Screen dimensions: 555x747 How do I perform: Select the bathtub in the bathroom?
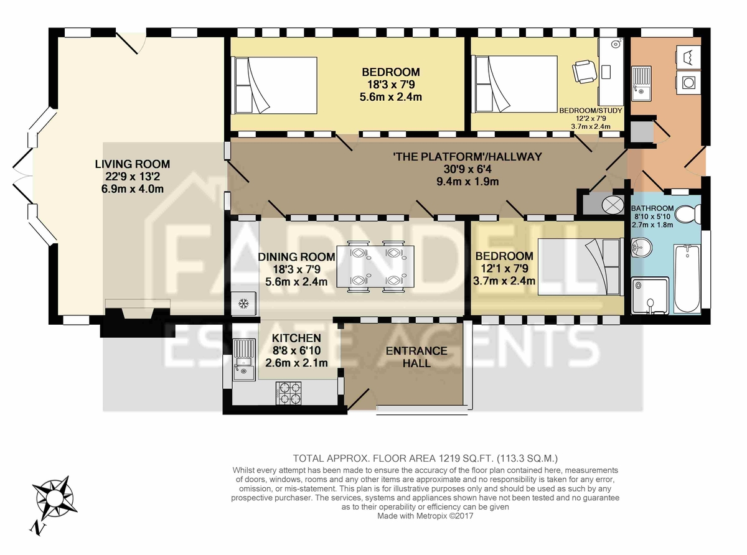click(687, 279)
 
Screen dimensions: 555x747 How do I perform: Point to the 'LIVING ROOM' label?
click(132, 164)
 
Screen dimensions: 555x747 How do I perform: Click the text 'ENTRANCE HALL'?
click(416, 357)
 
